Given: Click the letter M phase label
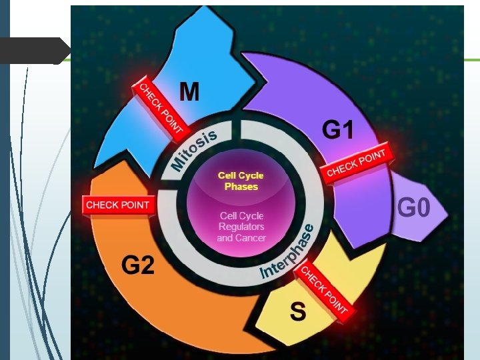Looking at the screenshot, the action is [x=189, y=91].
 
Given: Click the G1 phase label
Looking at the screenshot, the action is [x=338, y=130].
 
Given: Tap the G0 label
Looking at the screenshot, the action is [x=413, y=209].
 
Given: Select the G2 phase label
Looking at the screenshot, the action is [x=138, y=266].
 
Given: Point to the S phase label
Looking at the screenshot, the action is [x=297, y=311].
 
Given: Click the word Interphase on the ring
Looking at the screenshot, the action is [x=287, y=252].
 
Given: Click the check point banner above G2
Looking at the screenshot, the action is [x=119, y=205].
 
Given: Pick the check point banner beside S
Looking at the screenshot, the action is [x=323, y=289].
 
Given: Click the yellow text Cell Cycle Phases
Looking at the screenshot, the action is [x=241, y=181].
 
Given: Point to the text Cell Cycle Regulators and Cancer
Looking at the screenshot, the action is [x=241, y=227].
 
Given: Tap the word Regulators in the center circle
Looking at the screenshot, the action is [x=241, y=227].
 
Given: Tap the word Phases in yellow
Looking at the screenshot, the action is [x=241, y=187].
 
